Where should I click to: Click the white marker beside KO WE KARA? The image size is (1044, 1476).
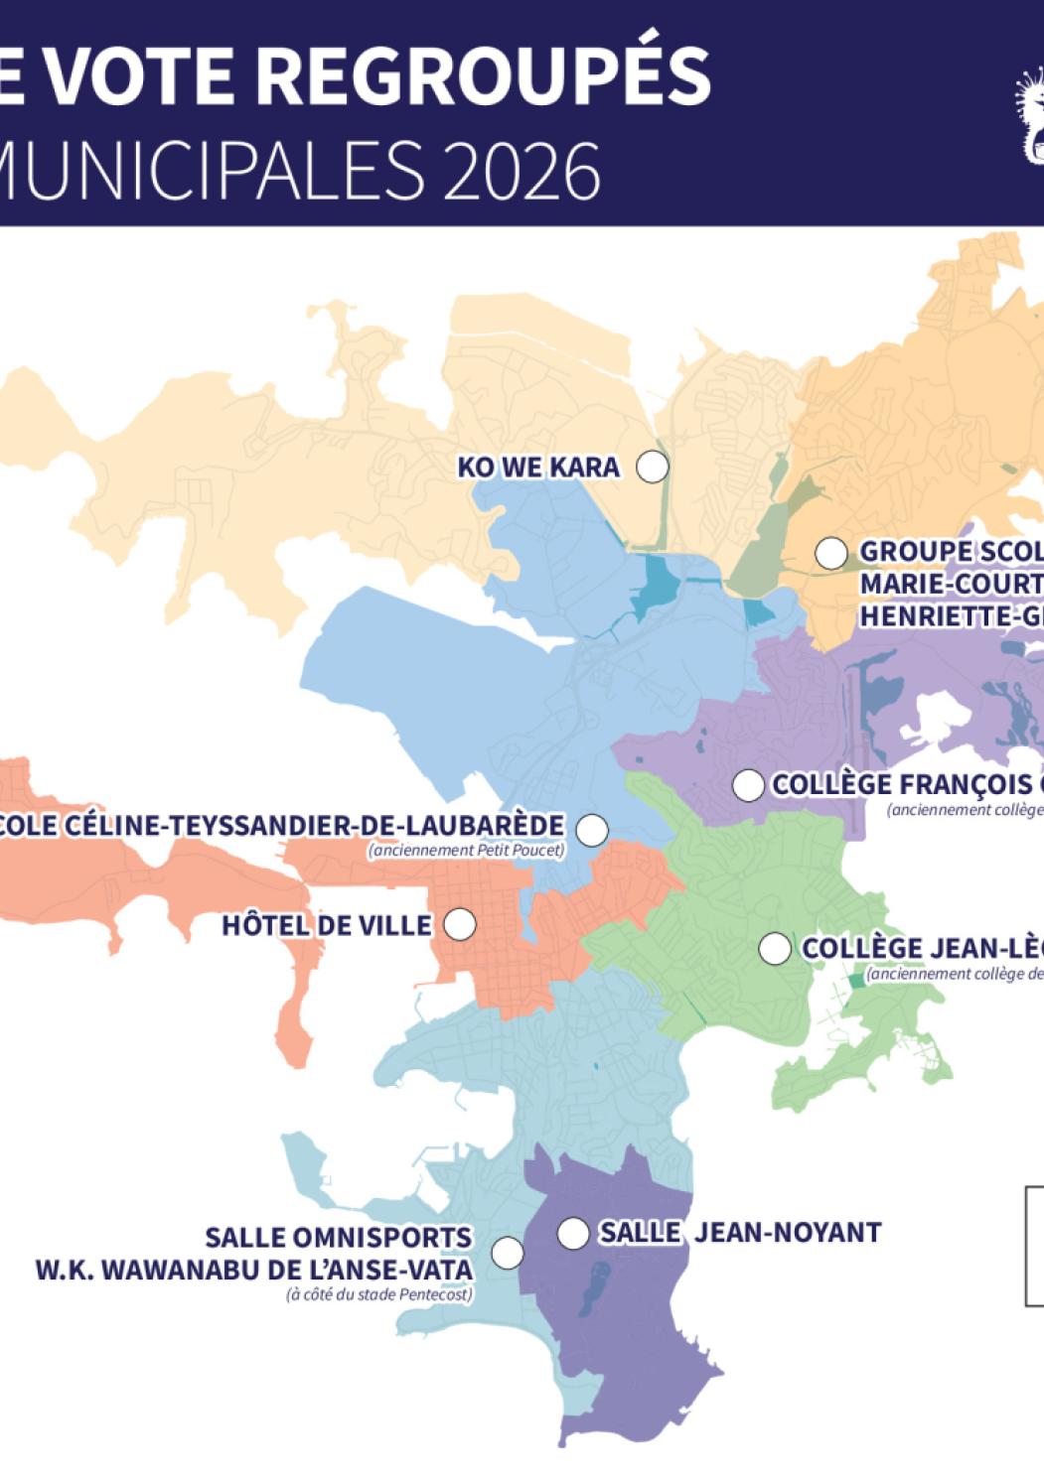[x=652, y=466]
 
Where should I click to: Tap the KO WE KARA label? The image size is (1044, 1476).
[x=537, y=467]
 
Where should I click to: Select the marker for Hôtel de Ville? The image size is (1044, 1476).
[x=459, y=924]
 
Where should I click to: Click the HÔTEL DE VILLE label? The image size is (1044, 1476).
[x=326, y=925]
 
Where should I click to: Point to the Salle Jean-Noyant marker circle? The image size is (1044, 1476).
[x=572, y=1233]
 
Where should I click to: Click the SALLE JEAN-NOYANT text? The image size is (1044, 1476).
[x=739, y=1233]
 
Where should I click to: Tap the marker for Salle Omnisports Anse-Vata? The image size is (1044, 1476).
[x=508, y=1253]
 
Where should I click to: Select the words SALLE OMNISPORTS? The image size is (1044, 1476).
[x=338, y=1238]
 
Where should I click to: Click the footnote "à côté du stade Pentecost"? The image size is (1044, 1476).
[x=378, y=1294]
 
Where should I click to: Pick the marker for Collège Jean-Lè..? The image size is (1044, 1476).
[x=774, y=948]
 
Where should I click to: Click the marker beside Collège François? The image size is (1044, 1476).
[x=747, y=785]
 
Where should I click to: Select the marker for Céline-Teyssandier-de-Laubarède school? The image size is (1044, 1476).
[x=592, y=830]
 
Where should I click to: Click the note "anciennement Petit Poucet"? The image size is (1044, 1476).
[x=466, y=851]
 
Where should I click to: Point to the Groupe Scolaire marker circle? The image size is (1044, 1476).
[x=830, y=553]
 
